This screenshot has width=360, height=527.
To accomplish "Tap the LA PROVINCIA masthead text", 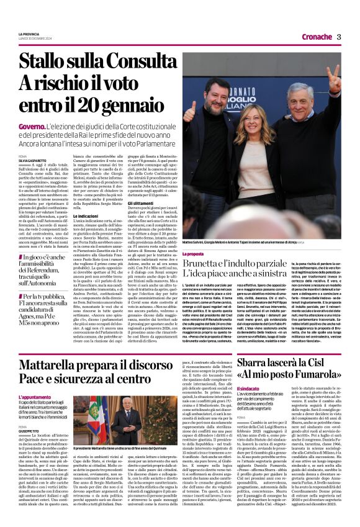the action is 29,33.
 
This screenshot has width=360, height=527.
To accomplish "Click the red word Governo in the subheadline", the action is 32,127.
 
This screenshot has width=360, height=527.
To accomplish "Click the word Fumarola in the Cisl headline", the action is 316,377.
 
